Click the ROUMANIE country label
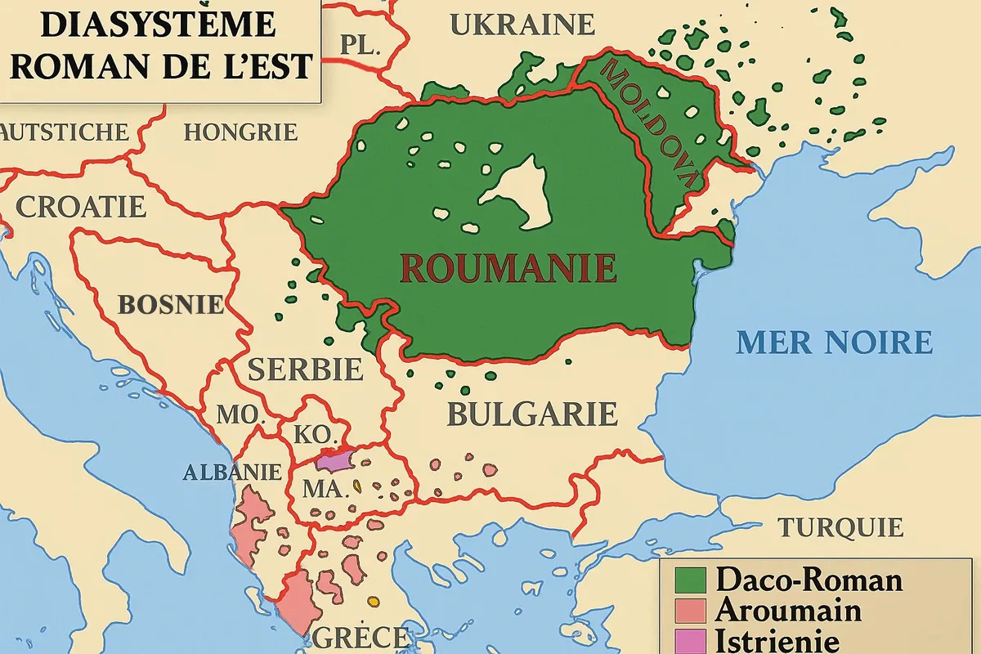tap(508, 267)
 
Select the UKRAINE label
tap(522, 25)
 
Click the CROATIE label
tap(81, 206)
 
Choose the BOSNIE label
tap(171, 305)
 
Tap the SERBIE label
tap(305, 370)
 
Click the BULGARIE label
tap(531, 414)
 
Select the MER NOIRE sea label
tap(834, 342)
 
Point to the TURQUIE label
tap(840, 527)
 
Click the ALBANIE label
tap(231, 472)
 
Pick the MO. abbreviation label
tap(240, 414)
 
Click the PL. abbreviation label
tap(361, 46)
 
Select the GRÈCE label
tap(360, 637)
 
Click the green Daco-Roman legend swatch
tap(690, 580)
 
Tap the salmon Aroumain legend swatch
tap(690, 611)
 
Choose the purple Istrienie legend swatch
tap(690, 640)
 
